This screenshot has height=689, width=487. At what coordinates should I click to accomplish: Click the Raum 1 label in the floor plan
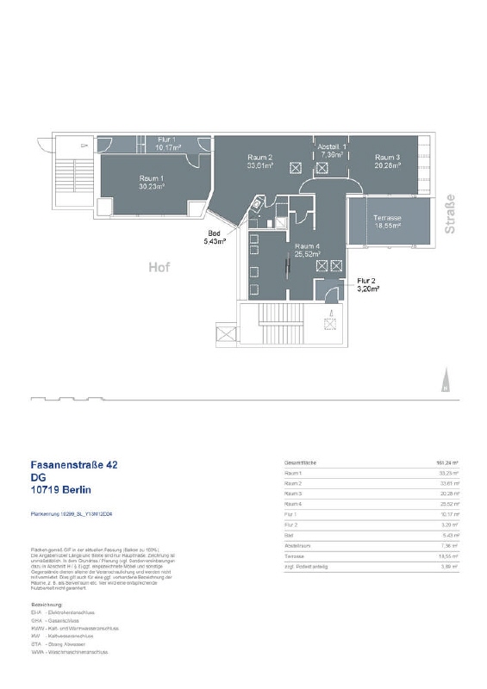click(152, 177)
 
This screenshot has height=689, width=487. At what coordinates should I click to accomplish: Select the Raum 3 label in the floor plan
click(386, 158)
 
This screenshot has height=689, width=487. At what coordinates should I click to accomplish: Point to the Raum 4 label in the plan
click(308, 245)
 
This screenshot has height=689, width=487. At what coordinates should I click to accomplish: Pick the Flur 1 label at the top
click(167, 140)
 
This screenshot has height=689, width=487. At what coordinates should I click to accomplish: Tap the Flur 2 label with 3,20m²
click(367, 282)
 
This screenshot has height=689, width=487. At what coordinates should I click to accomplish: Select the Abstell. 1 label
click(332, 147)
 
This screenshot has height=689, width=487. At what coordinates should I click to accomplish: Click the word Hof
click(159, 267)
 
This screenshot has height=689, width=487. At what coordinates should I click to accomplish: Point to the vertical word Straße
click(449, 217)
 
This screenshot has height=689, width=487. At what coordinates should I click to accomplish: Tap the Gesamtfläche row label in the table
click(299, 463)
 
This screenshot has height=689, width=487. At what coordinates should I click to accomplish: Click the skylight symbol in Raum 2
click(296, 169)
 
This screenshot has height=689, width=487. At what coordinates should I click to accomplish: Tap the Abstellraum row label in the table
click(297, 545)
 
